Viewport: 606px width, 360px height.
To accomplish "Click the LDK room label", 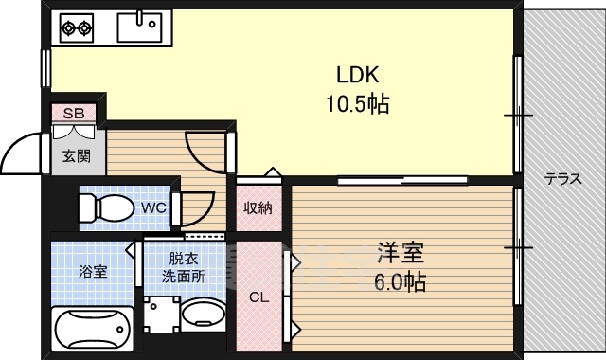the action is (358, 75).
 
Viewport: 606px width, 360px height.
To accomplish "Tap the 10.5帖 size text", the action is (358, 103).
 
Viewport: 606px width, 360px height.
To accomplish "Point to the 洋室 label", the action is (401, 253).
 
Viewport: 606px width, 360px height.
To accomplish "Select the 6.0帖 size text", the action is (401, 281).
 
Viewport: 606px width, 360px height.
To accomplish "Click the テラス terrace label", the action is (562, 179).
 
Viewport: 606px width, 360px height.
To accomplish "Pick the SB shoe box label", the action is (74, 114).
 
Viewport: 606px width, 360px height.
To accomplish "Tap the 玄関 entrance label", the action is (77, 156).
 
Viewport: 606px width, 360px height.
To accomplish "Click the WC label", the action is (153, 208).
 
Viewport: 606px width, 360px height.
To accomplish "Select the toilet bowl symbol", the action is (106, 207).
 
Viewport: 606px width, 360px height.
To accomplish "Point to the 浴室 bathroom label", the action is (93, 272).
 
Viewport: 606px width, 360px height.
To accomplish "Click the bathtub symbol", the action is (92, 329).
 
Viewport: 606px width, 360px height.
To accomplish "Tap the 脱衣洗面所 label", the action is (183, 267).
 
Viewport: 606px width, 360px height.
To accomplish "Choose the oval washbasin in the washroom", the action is (203, 314).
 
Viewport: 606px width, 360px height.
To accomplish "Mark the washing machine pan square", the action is (162, 315).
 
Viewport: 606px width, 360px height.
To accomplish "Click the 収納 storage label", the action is (258, 208).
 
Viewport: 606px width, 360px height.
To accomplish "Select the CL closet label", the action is (258, 297).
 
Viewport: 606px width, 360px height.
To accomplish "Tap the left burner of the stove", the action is (69, 27).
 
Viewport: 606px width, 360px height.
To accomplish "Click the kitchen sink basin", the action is (139, 27).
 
